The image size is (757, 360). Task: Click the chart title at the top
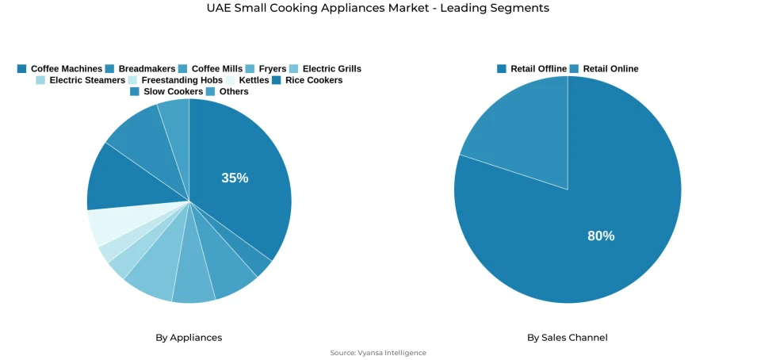point(377,8)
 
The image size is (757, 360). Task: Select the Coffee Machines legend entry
point(60,69)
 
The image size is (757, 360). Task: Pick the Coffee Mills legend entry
point(211,69)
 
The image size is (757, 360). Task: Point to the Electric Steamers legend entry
point(80,80)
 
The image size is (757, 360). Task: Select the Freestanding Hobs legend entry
point(175,80)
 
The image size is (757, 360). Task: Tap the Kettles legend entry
point(247,80)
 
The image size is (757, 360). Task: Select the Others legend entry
point(227,91)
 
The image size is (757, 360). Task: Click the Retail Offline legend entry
point(532,69)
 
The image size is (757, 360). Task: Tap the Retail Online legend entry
point(604,69)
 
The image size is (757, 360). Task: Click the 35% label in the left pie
point(235,178)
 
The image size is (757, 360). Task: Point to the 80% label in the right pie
point(601,236)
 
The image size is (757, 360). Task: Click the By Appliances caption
point(189,338)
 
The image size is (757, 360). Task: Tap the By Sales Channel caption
point(568,338)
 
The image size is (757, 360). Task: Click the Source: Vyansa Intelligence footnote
point(378,353)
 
